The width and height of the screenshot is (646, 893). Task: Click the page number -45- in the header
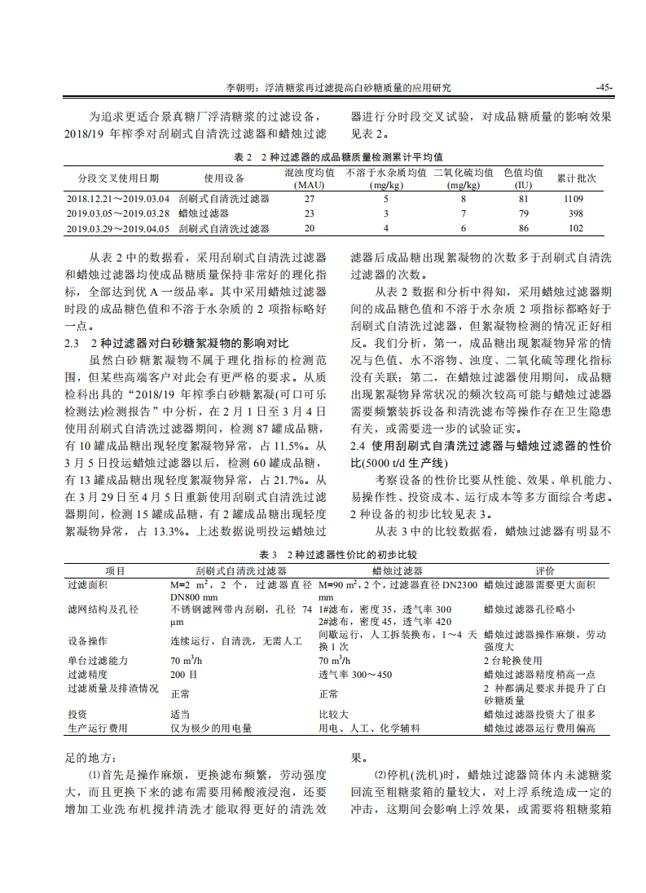[604, 87]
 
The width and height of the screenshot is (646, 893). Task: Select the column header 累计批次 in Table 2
[576, 178]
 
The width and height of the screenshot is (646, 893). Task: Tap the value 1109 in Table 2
[573, 199]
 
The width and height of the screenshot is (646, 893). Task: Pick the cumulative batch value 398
[575, 213]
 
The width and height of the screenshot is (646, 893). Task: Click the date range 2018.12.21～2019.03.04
[118, 199]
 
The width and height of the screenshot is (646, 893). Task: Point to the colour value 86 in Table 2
[523, 228]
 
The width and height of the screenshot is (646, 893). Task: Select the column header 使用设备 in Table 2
[224, 178]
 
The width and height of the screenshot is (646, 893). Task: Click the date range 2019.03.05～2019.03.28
[118, 213]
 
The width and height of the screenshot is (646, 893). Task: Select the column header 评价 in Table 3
[544, 571]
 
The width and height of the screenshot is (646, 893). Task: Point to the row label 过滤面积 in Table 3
[87, 585]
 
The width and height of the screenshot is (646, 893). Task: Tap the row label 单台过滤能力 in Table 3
[98, 660]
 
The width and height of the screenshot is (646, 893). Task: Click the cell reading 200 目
[185, 674]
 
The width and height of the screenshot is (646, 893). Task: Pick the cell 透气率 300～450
[354, 674]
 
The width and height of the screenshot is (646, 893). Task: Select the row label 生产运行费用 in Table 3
[98, 728]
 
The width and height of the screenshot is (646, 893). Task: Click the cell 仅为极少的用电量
[210, 728]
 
